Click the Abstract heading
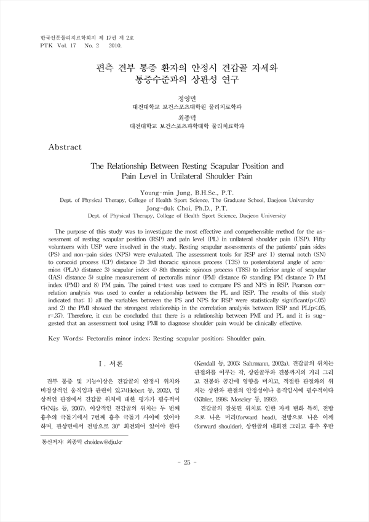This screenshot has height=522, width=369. (x=73, y=148)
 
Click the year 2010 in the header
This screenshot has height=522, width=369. (x=116, y=45)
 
